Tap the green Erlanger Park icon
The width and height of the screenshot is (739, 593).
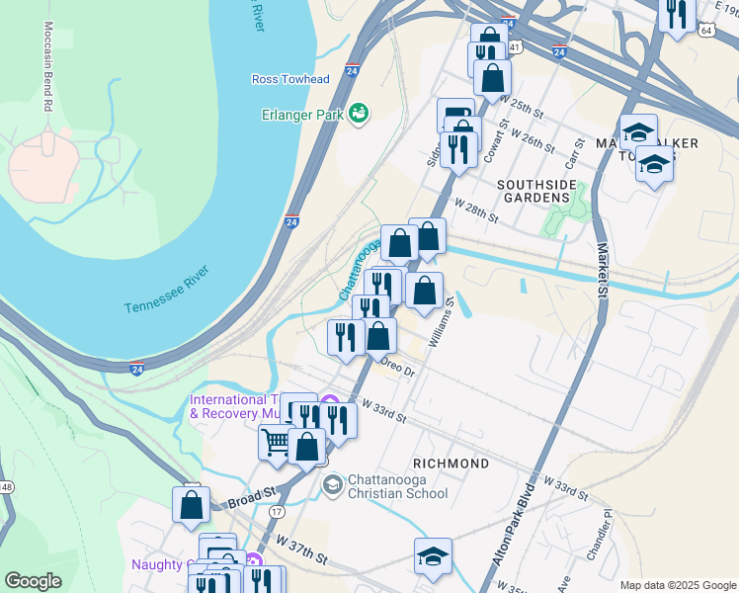point(359,115)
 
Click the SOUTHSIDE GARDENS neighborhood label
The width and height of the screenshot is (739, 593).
point(534,191)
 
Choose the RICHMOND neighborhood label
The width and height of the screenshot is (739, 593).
point(451,464)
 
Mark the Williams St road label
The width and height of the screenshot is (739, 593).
point(441,325)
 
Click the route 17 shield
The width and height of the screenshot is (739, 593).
point(277,511)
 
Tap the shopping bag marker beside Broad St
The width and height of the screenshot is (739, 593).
point(191,503)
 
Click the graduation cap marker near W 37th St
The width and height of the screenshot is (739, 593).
point(433,555)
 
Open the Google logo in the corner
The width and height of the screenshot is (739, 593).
point(33,581)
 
